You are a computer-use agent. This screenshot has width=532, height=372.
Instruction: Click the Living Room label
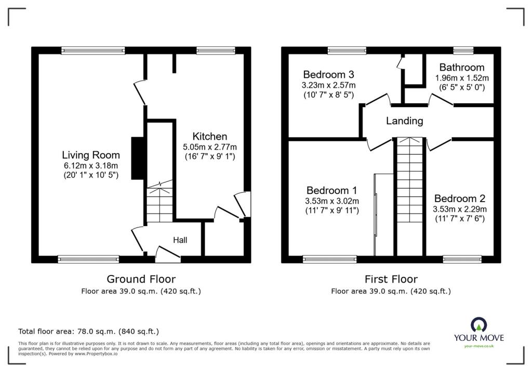(x=91, y=155)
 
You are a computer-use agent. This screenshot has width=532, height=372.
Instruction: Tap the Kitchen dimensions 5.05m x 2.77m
(x=209, y=147)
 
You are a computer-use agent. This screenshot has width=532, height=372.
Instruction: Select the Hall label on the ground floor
(x=180, y=240)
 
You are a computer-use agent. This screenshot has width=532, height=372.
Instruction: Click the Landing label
(x=404, y=121)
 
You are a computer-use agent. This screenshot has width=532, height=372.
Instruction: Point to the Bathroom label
(x=461, y=68)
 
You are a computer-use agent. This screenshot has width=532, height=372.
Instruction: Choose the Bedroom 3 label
(x=329, y=74)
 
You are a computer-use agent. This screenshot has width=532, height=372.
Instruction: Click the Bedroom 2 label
(x=459, y=198)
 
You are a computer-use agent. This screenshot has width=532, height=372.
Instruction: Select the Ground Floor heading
(x=141, y=280)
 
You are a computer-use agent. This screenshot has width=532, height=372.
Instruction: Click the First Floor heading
(x=391, y=280)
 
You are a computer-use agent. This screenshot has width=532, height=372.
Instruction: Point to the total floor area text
(x=88, y=331)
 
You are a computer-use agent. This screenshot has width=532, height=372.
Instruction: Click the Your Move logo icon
(x=478, y=325)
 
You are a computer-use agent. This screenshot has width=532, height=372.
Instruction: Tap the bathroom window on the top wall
(x=460, y=50)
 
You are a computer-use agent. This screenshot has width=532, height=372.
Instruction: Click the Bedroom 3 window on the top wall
(x=347, y=50)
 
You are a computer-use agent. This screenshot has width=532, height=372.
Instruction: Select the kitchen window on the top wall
(x=216, y=50)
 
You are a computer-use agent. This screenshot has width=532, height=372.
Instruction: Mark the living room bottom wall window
(x=88, y=258)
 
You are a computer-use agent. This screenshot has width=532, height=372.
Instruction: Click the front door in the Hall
(x=168, y=254)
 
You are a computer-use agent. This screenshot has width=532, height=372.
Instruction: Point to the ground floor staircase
(x=159, y=203)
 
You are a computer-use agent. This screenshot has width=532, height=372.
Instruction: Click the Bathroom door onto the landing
(x=441, y=99)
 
